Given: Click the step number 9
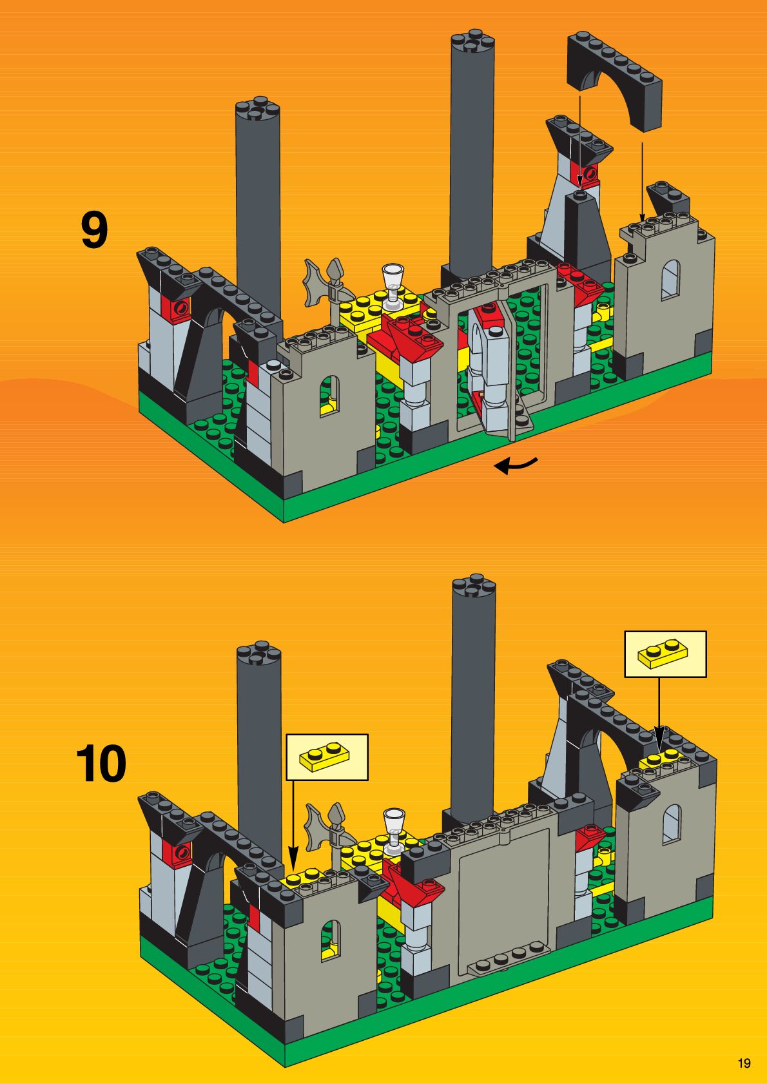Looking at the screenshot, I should pos(94,231).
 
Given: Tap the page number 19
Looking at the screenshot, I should pos(744,1063).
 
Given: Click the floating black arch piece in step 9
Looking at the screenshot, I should pos(616,77).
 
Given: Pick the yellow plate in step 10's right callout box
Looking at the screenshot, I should pos(662,653).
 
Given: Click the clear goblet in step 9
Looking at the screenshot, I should pos(393,284).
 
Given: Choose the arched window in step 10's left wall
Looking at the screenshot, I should pos(331,940).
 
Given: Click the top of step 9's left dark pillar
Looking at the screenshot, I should pos(257,109).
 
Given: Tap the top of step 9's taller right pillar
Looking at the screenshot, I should pos(473,40).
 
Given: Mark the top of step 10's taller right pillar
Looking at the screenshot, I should pos(474,585).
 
